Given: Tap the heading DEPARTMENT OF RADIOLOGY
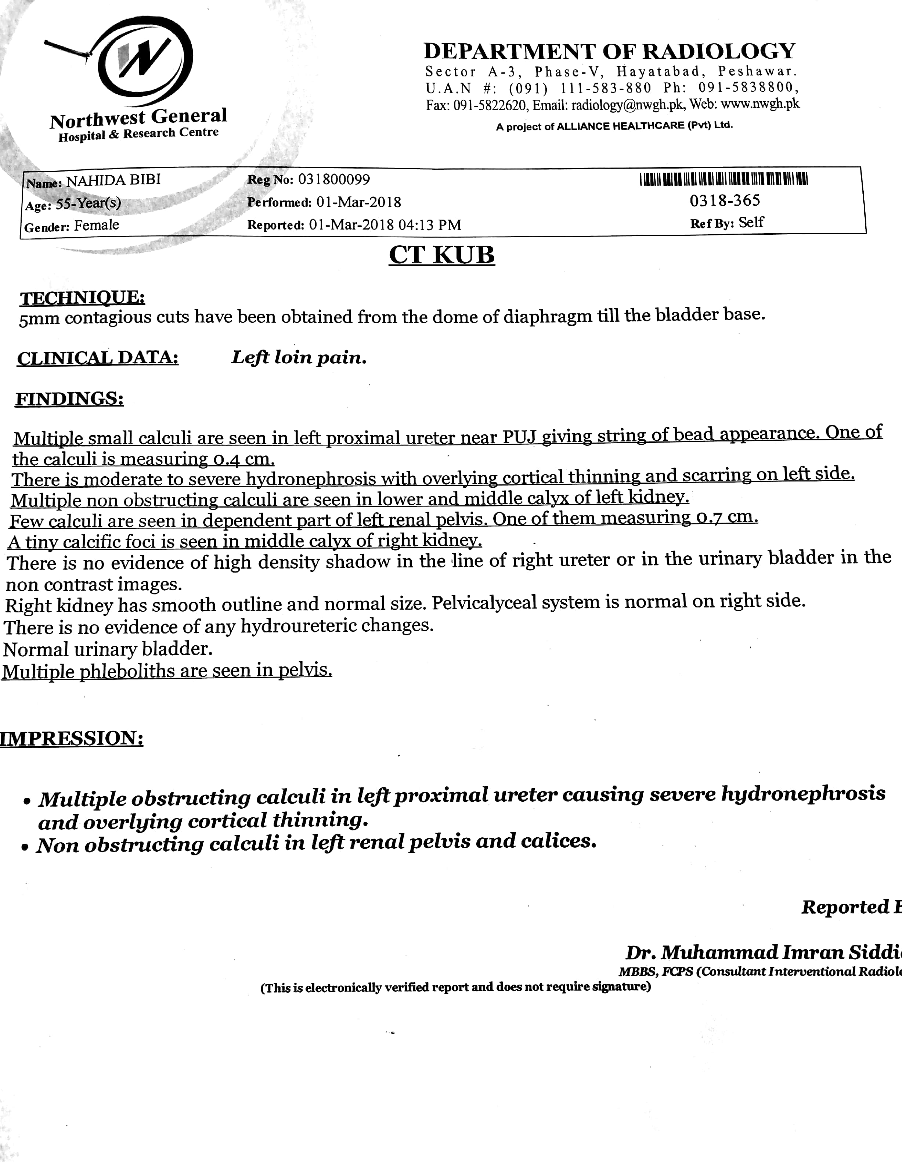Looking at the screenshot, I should click(609, 51).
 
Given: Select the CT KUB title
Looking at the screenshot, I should click(442, 255).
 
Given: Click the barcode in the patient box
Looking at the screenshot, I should click(724, 179).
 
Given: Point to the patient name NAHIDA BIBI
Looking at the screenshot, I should click(113, 180).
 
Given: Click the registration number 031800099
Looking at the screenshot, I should click(334, 179).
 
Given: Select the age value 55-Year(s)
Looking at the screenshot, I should click(89, 203).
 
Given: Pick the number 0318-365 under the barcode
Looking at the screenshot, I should click(725, 201).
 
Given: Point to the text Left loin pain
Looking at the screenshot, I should click(299, 357).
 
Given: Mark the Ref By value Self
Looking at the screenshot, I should click(751, 223).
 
